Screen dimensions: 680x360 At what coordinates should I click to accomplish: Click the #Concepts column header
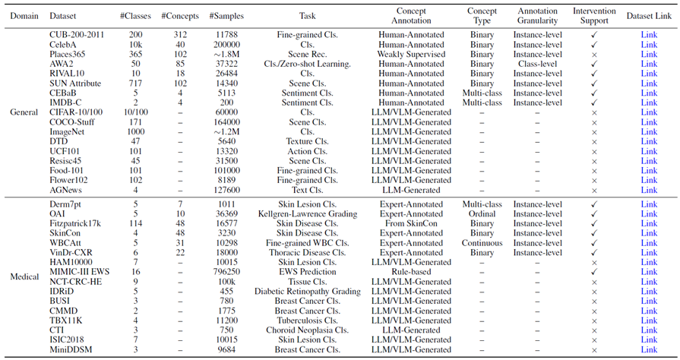(180, 16)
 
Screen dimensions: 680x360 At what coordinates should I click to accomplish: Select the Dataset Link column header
(649, 16)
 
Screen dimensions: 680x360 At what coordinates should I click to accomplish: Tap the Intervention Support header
(594, 16)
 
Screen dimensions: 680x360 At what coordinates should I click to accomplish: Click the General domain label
(24, 112)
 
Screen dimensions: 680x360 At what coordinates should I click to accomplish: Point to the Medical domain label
(24, 276)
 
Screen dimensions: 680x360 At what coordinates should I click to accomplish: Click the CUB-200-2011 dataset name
(77, 35)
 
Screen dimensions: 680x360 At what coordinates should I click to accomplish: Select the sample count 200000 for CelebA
(226, 45)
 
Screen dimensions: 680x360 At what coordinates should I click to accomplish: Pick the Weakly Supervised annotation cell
(411, 54)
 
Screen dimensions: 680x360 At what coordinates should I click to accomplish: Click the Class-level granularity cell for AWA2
(537, 64)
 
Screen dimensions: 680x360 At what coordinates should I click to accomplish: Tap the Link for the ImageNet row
(649, 132)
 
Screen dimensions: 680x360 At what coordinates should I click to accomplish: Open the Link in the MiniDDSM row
(649, 349)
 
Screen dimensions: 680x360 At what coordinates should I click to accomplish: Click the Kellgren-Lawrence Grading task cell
(308, 214)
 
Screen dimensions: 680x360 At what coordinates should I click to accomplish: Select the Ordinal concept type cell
(482, 214)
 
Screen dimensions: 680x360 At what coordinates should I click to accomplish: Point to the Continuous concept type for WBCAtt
(482, 243)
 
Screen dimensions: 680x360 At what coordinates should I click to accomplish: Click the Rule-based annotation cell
(411, 272)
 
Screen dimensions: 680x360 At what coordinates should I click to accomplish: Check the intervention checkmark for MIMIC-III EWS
(594, 272)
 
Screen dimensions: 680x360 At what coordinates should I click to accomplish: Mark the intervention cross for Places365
(594, 55)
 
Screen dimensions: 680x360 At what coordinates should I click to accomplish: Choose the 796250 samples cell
(226, 272)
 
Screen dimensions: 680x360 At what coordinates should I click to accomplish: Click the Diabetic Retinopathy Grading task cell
(308, 292)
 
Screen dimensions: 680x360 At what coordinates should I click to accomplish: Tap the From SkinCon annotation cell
(411, 223)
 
